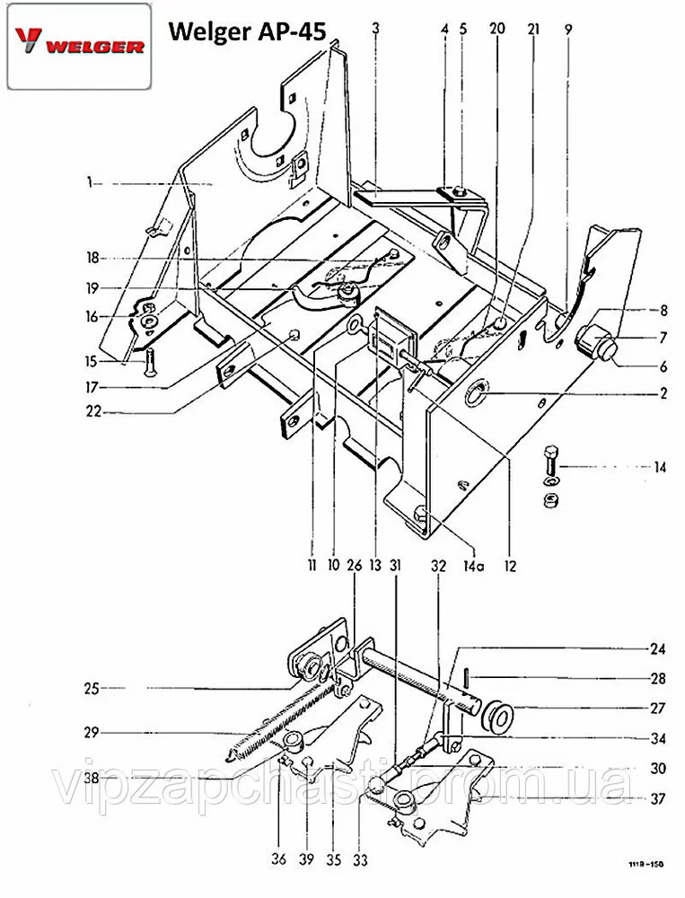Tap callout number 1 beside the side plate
pyautogui.click(x=90, y=182)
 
